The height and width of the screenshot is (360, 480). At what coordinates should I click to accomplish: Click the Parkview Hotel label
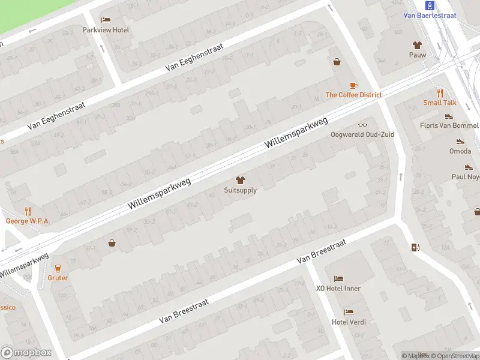pyautogui.click(x=106, y=30)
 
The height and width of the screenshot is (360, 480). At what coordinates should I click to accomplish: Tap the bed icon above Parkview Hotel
pyautogui.click(x=106, y=20)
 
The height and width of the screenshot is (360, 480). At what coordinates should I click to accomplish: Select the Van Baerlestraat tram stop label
pyautogui.click(x=429, y=16)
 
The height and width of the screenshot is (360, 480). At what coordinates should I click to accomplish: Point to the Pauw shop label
pyautogui.click(x=417, y=55)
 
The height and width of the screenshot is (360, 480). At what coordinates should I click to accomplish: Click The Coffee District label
pyautogui.click(x=353, y=95)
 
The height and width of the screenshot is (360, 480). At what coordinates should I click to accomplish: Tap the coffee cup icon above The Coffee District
pyautogui.click(x=353, y=85)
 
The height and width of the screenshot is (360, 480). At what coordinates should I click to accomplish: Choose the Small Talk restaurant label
pyautogui.click(x=440, y=103)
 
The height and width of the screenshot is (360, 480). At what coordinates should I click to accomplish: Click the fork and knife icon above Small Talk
pyautogui.click(x=440, y=93)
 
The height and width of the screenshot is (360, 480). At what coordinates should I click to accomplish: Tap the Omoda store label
pyautogui.click(x=460, y=151)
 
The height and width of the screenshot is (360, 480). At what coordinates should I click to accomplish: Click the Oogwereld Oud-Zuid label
pyautogui.click(x=362, y=134)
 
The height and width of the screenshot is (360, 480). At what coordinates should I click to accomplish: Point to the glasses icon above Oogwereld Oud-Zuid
pyautogui.click(x=362, y=125)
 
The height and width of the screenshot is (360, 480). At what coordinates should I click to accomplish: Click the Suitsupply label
pyautogui.click(x=240, y=190)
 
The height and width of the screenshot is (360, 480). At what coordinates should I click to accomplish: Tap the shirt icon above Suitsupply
pyautogui.click(x=240, y=180)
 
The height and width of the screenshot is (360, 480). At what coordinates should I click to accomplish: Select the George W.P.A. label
pyautogui.click(x=28, y=221)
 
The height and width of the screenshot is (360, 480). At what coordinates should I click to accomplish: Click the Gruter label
pyautogui.click(x=58, y=278)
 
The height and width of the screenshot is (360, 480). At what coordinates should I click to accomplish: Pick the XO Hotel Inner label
pyautogui.click(x=338, y=289)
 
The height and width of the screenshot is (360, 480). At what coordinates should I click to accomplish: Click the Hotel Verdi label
pyautogui.click(x=349, y=322)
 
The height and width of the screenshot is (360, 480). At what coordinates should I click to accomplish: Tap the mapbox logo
pyautogui.click(x=26, y=353)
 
